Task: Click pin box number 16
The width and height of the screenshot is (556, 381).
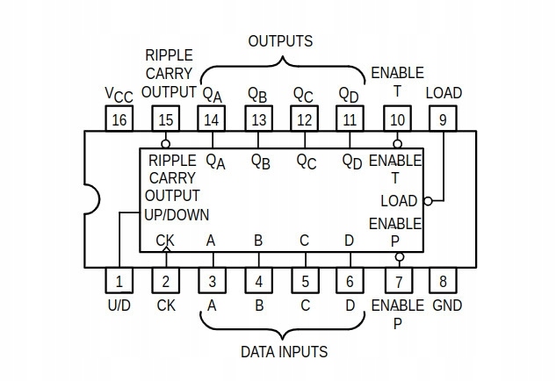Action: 119,119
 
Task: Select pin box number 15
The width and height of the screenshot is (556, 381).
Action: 165,119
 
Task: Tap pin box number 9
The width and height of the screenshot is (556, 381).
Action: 444,119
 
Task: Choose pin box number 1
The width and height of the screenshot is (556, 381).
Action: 119,281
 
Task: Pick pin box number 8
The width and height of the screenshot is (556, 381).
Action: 444,281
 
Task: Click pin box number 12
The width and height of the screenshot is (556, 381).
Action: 305,119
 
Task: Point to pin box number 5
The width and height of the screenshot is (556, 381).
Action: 305,281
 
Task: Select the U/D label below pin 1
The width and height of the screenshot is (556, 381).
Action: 119,306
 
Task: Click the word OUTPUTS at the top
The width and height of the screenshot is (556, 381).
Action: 280,41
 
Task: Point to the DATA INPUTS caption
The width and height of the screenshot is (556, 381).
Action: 284,352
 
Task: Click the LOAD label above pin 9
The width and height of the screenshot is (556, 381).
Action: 444,93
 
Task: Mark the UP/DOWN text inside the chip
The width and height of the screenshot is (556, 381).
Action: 177,213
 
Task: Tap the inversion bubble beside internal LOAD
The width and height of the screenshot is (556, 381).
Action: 428,201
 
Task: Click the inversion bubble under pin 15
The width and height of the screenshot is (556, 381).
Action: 165,143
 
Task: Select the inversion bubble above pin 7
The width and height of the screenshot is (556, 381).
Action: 399,257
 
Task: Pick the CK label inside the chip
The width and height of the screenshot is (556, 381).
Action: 165,240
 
